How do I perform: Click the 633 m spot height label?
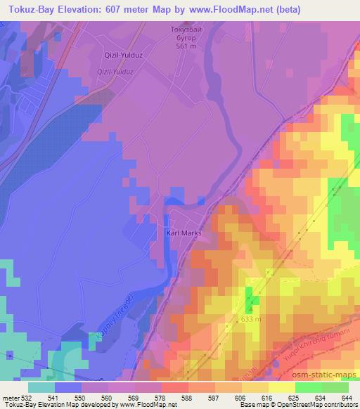(x=251, y=319)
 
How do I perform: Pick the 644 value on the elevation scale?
(x=347, y=398)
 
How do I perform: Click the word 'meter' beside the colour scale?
(x=9, y=398)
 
